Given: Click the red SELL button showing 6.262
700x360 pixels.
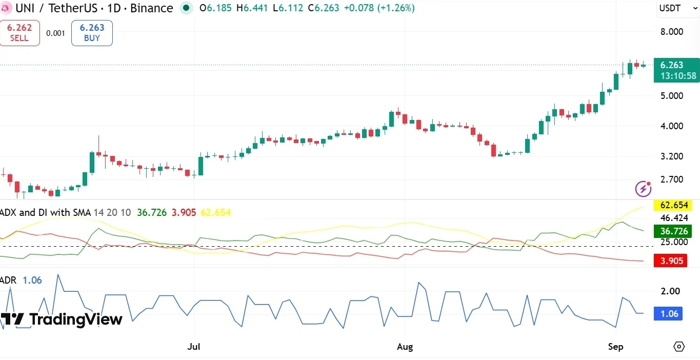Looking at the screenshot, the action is (x=19, y=33).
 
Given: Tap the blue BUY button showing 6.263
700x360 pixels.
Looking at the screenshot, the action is (x=92, y=33).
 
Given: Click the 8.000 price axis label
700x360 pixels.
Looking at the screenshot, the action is (x=672, y=32).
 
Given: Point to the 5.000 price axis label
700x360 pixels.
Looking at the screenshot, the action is (x=672, y=95).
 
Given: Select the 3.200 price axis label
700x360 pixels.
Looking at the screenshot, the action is (x=672, y=156).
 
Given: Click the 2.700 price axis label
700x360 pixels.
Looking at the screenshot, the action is (x=672, y=179).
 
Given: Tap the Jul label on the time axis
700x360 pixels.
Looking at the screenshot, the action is (x=194, y=347).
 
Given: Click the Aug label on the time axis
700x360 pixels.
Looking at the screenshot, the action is (x=405, y=347).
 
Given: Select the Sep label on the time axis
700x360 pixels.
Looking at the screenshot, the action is (x=615, y=347).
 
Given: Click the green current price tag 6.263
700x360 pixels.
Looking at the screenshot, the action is (x=676, y=70).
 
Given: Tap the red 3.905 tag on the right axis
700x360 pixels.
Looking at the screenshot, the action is (x=670, y=261).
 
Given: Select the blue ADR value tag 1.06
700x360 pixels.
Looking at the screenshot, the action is (x=668, y=314).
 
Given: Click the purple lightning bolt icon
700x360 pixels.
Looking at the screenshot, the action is (x=643, y=189).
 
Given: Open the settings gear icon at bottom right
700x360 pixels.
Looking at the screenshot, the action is (x=679, y=347).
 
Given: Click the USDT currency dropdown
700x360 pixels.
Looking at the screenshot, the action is (x=678, y=8).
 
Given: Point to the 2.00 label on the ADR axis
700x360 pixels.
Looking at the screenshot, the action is (x=670, y=291).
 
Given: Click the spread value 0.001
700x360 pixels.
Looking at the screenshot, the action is (x=55, y=33).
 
